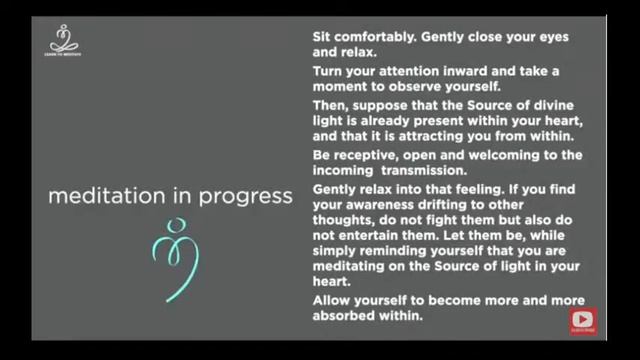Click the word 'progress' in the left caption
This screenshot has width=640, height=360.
coord(243,195)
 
